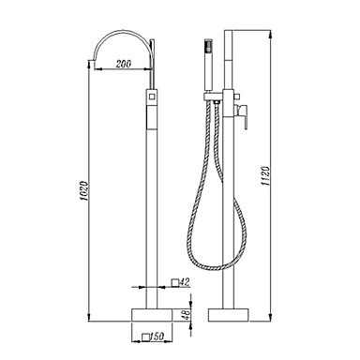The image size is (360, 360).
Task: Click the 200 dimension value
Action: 124,64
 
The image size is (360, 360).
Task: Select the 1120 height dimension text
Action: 265,176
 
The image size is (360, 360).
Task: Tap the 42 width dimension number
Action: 185,282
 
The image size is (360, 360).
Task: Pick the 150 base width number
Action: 157,337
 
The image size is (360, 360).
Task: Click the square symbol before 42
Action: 175,283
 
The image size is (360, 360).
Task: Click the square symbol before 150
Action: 145,337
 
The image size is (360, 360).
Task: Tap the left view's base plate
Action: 152,315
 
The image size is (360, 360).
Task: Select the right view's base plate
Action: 229,315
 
